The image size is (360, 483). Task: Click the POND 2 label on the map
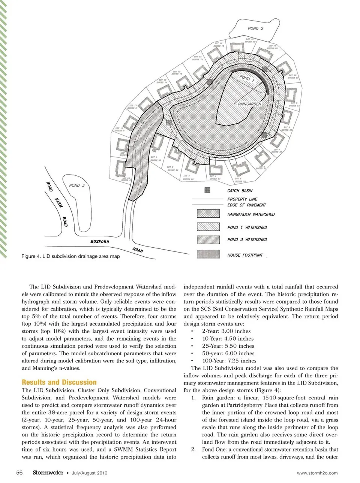click(255, 28)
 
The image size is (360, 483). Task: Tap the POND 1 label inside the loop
click(247, 79)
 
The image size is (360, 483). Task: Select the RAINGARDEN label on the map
click(249, 104)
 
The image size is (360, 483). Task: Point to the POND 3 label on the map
click(77, 185)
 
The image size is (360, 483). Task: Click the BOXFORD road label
click(100, 242)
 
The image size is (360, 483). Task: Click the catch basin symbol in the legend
click(207, 190)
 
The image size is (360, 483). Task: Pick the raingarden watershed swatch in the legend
click(208, 214)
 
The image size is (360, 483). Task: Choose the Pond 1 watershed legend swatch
click(208, 227)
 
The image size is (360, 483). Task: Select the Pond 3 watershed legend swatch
click(208, 239)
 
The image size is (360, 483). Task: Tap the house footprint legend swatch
click(208, 254)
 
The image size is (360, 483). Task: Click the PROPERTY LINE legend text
click(242, 199)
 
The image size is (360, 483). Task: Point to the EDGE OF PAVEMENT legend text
click(246, 205)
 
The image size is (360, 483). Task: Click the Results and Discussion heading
click(59, 382)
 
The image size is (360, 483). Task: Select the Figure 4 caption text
click(70, 256)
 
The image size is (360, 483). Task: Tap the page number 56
click(19, 473)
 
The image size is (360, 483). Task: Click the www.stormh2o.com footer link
click(317, 473)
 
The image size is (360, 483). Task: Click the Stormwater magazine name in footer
click(48, 473)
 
